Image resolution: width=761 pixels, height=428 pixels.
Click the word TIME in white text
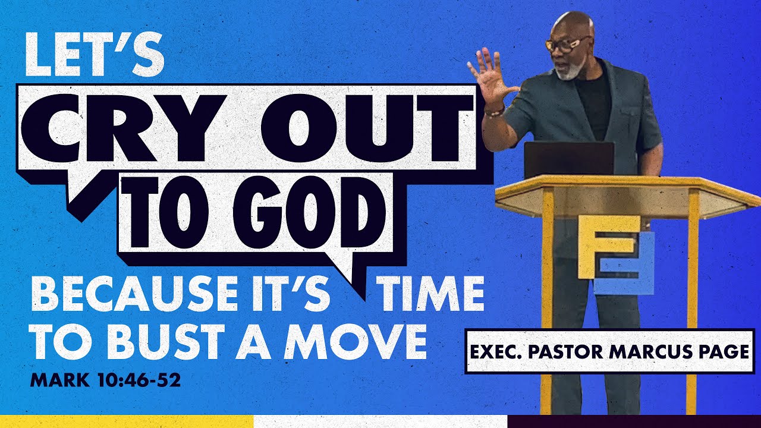pyautogui.click(x=433, y=295)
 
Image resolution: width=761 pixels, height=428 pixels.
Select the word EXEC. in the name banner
pyautogui.click(x=498, y=351)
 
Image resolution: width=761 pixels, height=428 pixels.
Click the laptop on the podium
pyautogui.click(x=568, y=159)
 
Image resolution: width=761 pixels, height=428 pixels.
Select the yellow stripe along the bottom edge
pyautogui.click(x=126, y=421)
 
